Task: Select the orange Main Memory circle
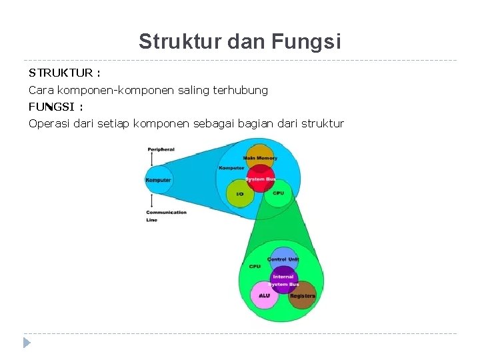pos(259,156)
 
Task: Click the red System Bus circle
pos(260,179)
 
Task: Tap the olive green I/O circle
pos(240,194)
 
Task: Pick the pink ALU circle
pos(264,295)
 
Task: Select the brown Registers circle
pos(303,295)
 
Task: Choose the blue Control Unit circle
pos(283,259)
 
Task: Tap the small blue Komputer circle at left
pos(158,179)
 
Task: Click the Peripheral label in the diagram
pos(161,149)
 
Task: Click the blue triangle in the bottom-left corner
pos(27,343)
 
